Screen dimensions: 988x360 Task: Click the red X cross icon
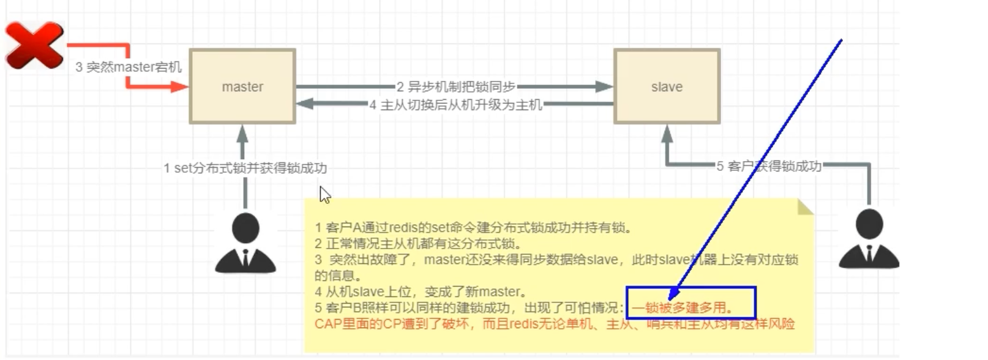click(34, 45)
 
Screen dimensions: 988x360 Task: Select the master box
click(242, 86)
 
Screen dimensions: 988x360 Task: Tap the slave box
click(667, 86)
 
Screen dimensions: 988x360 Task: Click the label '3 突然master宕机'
click(129, 67)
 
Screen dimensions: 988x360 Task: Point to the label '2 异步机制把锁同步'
click(455, 87)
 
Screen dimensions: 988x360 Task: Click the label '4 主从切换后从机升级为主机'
click(455, 105)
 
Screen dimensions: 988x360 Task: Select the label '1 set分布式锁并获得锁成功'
click(245, 168)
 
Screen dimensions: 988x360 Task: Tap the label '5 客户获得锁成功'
click(769, 166)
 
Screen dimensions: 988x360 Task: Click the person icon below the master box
click(245, 243)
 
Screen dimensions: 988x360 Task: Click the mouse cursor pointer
click(324, 195)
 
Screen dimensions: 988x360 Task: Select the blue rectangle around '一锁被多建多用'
click(690, 303)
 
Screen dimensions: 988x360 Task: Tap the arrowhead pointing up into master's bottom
click(242, 132)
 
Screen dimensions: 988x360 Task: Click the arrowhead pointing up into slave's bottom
click(667, 133)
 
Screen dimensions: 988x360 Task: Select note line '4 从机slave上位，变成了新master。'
click(421, 291)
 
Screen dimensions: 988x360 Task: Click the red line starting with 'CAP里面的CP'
click(554, 324)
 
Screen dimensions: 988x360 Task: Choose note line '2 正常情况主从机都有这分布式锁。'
click(418, 244)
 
